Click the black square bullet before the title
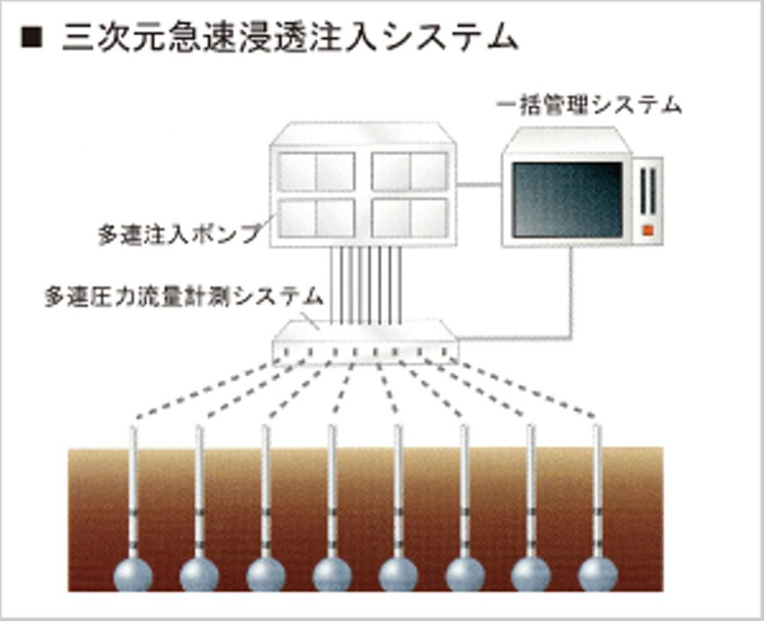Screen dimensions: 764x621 31,37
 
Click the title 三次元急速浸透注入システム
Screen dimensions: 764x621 290,37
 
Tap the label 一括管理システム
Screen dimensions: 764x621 588,105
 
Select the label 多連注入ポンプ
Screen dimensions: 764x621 180,234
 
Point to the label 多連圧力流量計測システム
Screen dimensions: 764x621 184,296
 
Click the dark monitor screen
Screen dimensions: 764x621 568,200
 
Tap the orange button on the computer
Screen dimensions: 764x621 648,230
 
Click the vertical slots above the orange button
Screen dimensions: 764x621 648,191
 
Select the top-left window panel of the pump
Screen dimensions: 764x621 316,172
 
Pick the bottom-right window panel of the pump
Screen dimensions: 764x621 410,218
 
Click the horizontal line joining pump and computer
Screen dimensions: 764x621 479,185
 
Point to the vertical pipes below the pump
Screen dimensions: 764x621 365,284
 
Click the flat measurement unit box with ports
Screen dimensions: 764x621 365,343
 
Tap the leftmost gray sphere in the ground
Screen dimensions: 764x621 133,575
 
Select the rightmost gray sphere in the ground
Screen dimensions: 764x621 598,575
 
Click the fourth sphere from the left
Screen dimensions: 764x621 332,575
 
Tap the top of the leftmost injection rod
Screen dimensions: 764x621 133,428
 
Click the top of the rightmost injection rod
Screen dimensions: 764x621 597,428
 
